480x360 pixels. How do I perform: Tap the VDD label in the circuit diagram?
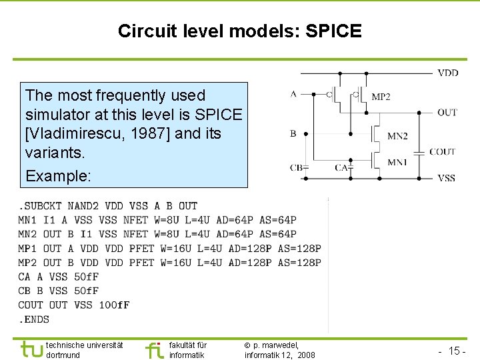(x=447, y=72)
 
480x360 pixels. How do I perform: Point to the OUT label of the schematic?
(x=447, y=112)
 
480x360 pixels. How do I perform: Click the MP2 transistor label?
(x=381, y=97)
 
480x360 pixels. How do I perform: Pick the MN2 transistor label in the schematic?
(x=397, y=137)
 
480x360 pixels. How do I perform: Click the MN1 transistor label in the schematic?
(x=397, y=162)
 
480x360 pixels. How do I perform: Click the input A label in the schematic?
(x=293, y=94)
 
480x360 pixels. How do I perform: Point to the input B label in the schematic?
(x=293, y=133)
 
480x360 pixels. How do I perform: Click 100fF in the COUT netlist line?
(x=114, y=305)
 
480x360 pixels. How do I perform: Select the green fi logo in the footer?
(x=154, y=349)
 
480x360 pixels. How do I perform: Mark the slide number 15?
(x=456, y=351)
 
